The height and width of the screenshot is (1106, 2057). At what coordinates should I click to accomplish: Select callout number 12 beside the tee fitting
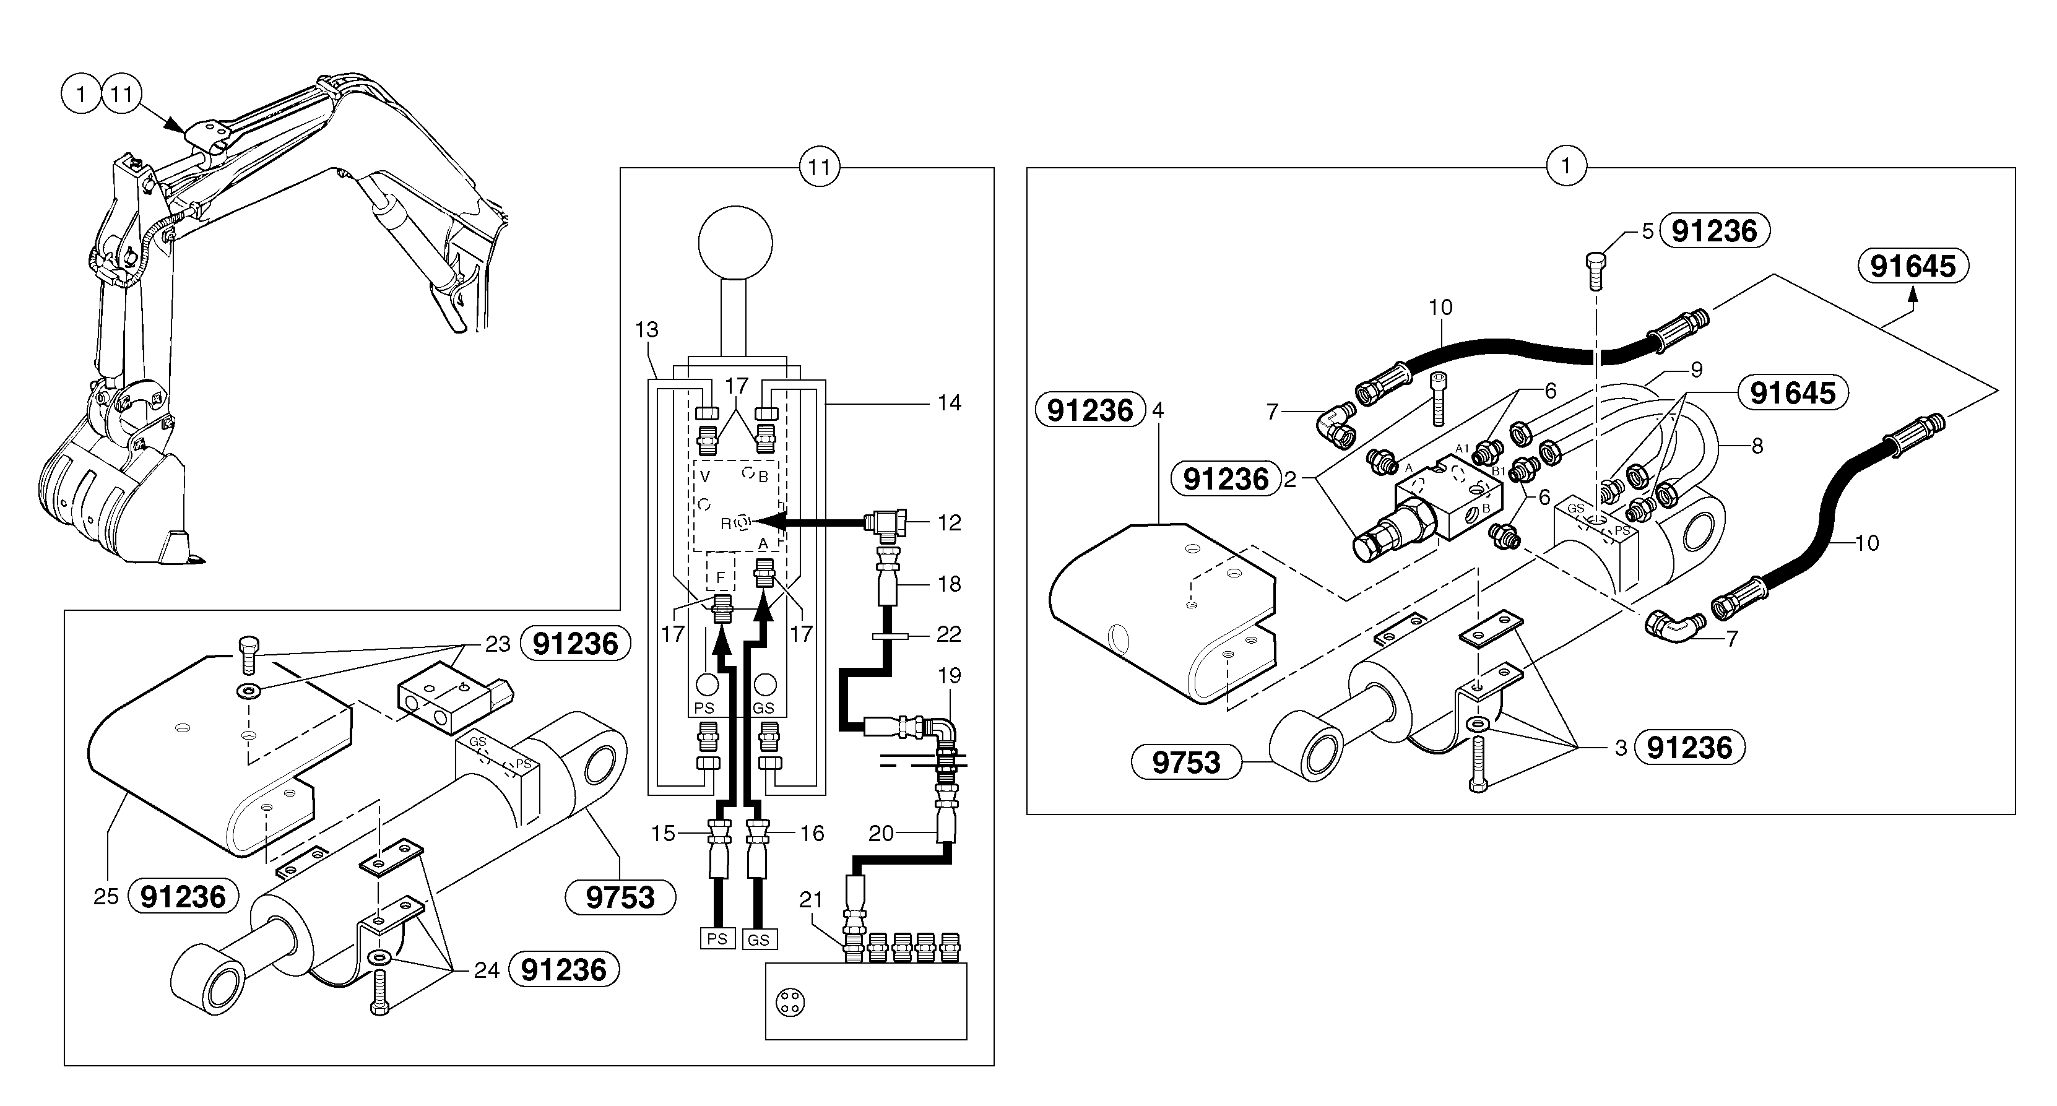coord(949,523)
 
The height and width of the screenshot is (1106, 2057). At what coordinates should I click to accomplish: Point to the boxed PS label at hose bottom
coord(716,939)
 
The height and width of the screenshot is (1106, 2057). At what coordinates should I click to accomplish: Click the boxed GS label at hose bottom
coord(758,940)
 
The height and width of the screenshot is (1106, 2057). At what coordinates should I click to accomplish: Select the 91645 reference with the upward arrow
coord(1913,266)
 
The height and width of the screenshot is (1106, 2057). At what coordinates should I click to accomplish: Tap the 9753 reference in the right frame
coord(1187,763)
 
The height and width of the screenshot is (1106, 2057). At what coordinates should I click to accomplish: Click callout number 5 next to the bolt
coord(1647,231)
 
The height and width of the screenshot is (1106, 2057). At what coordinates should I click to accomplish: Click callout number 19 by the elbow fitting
coord(949,676)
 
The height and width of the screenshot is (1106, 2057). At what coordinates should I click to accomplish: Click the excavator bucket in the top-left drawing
coord(112,495)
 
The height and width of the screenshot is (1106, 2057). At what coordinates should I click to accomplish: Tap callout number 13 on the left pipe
coord(647,330)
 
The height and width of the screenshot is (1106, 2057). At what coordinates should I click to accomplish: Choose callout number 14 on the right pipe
coord(949,404)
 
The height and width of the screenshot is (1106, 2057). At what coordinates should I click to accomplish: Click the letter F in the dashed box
coord(721,577)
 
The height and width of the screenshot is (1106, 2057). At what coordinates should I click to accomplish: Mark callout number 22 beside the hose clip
coord(949,634)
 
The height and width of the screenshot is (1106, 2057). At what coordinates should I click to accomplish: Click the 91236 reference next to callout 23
coord(575,644)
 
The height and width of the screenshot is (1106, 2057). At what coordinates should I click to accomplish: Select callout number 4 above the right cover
coord(1158,410)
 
